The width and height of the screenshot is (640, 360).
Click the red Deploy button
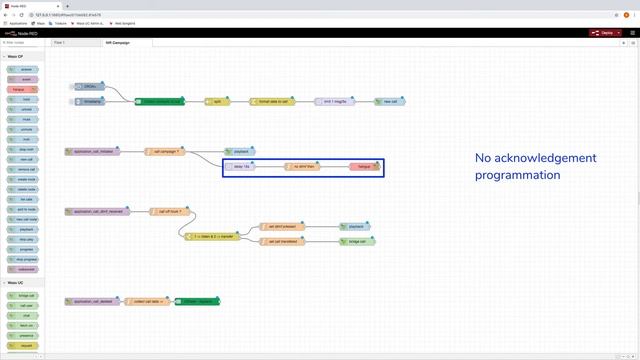[603, 33]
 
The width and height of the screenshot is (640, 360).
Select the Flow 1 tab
[60, 43]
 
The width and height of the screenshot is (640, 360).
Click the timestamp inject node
[93, 101]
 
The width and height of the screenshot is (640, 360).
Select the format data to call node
[272, 101]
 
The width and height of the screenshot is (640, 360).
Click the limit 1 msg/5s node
[334, 101]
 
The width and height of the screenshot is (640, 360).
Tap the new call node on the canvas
[389, 101]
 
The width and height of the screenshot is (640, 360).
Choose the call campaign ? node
[164, 151]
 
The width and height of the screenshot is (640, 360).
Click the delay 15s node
[239, 166]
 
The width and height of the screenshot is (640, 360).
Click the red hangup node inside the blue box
[364, 166]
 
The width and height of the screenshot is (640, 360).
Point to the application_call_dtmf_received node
[97, 212]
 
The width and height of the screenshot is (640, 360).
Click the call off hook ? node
[171, 212]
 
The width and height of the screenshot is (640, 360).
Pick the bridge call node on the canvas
[357, 241]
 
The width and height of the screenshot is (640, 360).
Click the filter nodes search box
[24, 43]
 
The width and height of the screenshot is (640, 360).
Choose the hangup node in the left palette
[23, 90]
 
